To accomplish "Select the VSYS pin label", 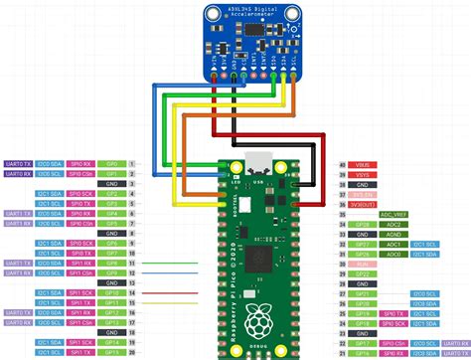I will [x=362, y=174].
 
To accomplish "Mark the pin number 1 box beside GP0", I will [x=133, y=162].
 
